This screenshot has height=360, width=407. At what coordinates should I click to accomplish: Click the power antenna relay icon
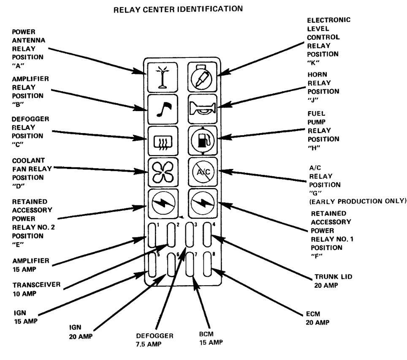161,77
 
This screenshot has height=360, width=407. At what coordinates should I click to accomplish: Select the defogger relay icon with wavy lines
161,139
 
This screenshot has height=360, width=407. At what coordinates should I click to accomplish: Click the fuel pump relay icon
202,139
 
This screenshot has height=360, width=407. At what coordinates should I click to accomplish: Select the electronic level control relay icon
202,77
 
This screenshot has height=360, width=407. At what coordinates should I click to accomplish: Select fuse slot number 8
208,265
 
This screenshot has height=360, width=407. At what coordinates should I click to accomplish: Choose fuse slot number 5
152,265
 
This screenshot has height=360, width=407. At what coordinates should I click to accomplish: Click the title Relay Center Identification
179,8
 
